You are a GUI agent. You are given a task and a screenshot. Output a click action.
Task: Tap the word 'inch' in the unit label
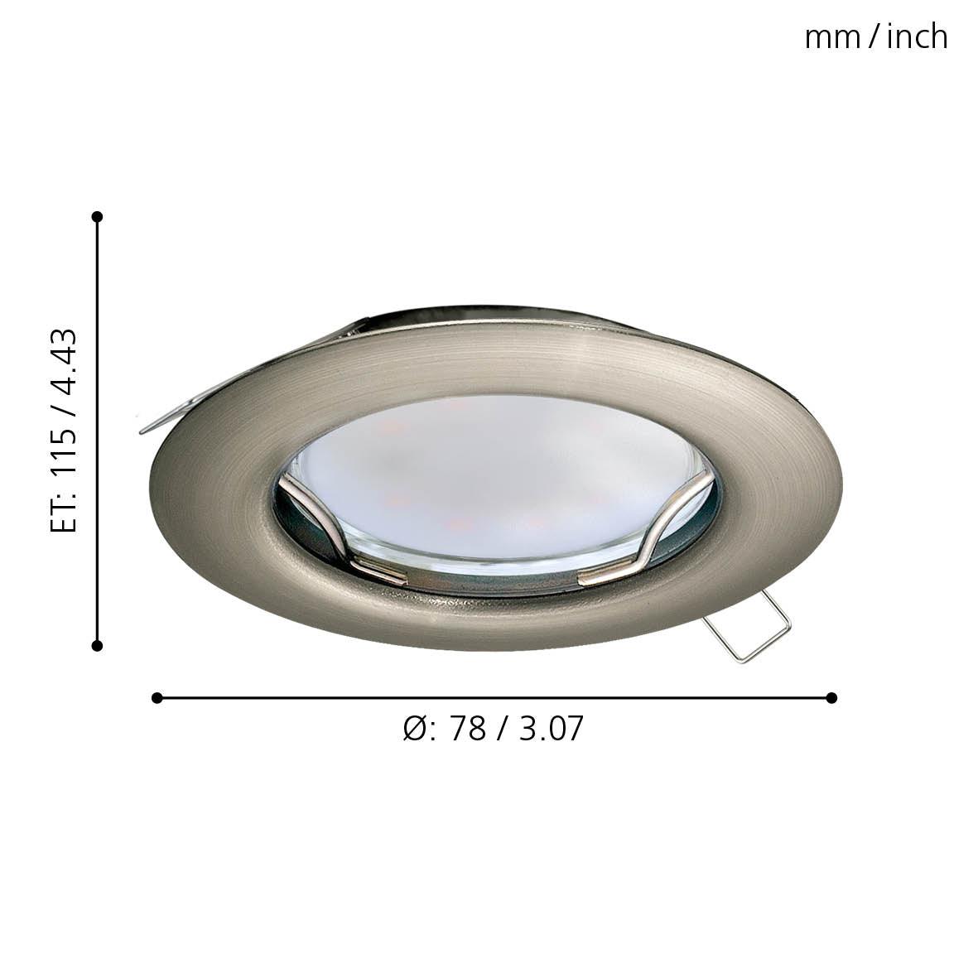917,36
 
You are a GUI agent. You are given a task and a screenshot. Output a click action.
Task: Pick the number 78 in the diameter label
467,728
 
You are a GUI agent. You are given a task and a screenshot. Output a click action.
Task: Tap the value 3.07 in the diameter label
551,728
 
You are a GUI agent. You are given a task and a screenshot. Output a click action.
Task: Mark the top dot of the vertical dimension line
97,216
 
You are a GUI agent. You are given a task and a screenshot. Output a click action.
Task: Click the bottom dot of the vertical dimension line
97,646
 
